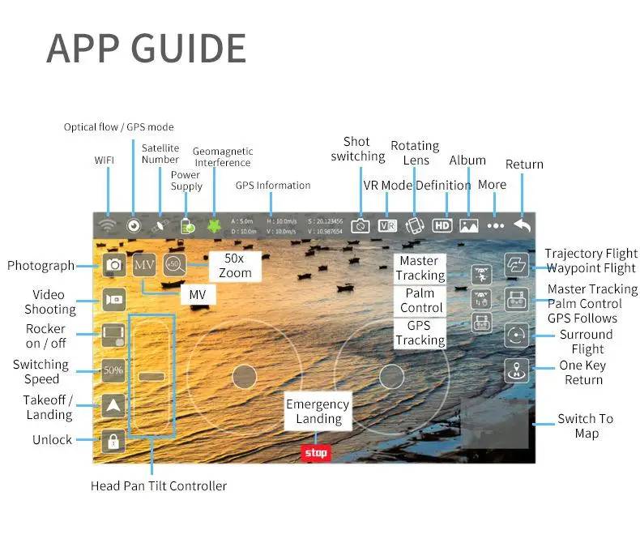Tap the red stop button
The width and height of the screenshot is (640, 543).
click(x=316, y=452)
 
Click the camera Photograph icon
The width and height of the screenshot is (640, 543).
click(x=114, y=265)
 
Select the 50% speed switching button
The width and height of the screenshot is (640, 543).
click(x=113, y=370)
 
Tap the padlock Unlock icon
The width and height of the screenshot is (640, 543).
click(x=113, y=440)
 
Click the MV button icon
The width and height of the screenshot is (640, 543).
click(x=144, y=264)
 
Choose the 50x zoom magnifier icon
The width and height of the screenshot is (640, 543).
click(x=174, y=264)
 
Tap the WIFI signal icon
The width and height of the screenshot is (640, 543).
click(x=105, y=226)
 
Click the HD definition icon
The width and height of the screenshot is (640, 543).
click(x=442, y=226)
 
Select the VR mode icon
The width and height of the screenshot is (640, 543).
click(x=387, y=226)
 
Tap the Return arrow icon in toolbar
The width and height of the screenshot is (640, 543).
click(x=523, y=226)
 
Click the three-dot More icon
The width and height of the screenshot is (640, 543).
click(x=496, y=226)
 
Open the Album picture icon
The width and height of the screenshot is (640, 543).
click(x=469, y=226)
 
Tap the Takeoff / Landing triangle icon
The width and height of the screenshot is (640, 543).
click(x=113, y=405)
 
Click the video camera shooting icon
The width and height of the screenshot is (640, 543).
click(x=113, y=299)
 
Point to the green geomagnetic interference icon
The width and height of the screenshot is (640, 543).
click(x=214, y=226)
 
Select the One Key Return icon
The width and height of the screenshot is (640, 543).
click(x=516, y=370)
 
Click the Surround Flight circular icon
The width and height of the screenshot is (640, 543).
click(x=516, y=335)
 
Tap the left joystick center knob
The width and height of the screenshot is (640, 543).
click(x=244, y=375)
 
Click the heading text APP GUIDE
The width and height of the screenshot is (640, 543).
click(x=146, y=49)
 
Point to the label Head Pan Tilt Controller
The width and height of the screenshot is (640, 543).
click(x=159, y=486)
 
